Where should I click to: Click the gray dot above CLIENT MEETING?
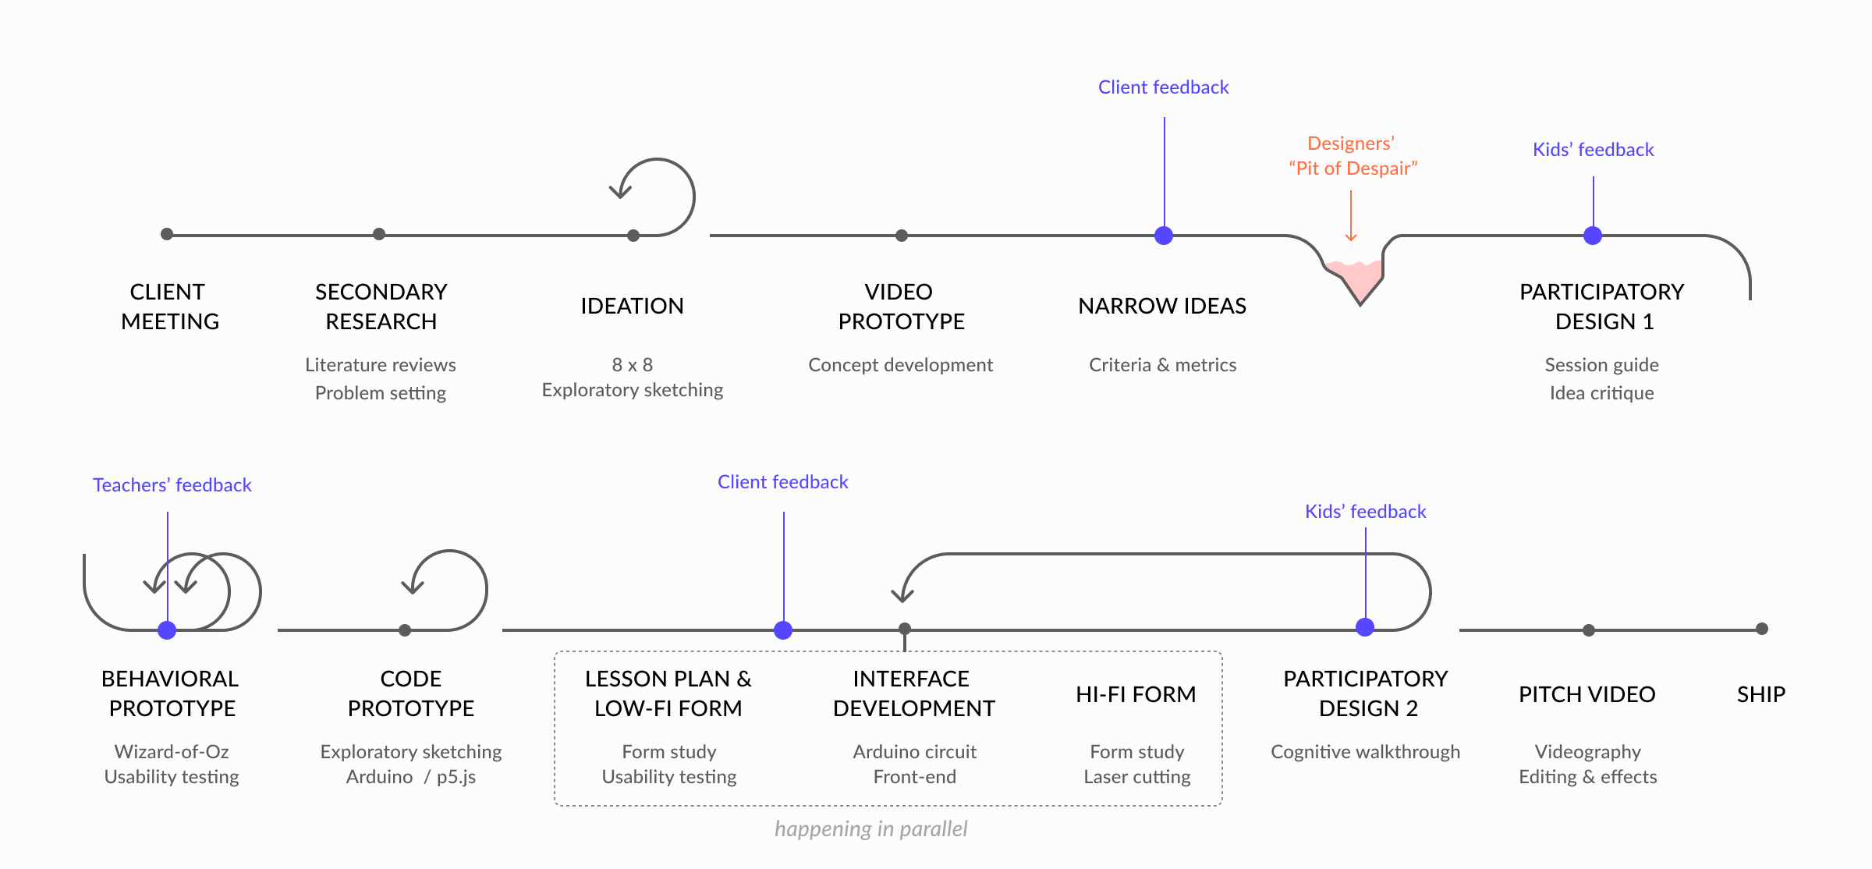point(167,234)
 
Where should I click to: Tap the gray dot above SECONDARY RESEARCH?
point(379,234)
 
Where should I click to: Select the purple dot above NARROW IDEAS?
point(1164,236)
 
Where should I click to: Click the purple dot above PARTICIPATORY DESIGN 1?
point(1593,236)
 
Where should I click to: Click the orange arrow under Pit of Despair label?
point(1351,216)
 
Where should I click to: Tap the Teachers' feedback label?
point(172,485)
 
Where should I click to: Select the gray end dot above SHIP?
point(1762,629)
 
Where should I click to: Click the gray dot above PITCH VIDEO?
point(1589,630)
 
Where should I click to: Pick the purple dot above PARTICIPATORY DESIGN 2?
point(1365,627)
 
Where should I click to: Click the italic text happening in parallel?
point(871,828)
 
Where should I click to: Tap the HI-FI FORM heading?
point(1136,694)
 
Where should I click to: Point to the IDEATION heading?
point(632,306)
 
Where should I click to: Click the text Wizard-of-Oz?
point(172,751)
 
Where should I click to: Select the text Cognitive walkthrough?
point(1365,752)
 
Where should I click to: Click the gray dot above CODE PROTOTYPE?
point(405,630)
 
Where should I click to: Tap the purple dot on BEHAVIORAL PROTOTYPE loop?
point(167,630)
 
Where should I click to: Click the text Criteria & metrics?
point(1162,365)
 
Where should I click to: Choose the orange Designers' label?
point(1351,144)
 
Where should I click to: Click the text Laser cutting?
point(1137,777)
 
